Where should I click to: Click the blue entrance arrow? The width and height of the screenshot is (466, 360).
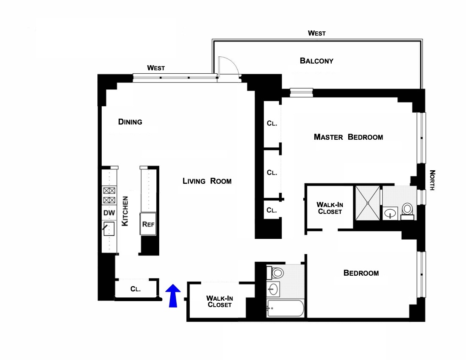[172, 296]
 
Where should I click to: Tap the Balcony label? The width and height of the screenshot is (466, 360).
[316, 61]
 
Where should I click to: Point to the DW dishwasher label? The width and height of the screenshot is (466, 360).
[109, 213]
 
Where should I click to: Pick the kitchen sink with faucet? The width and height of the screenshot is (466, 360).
[109, 230]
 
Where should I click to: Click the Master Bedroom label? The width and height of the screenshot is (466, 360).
[348, 137]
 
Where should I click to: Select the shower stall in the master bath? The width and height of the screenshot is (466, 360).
[368, 203]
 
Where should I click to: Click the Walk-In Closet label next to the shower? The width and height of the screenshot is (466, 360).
[329, 208]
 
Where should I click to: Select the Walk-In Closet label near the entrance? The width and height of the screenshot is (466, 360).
[219, 301]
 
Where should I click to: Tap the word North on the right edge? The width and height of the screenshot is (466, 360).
[432, 180]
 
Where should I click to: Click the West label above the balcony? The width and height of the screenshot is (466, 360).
[316, 33]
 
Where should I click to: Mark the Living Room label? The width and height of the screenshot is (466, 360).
[207, 181]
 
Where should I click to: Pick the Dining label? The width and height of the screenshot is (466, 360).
[130, 122]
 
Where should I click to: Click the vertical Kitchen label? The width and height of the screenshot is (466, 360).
[125, 211]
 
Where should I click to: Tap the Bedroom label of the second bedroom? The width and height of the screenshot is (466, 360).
[361, 273]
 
